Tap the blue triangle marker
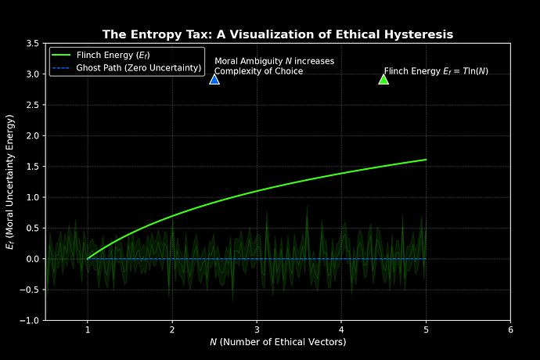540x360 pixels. click(x=214, y=79)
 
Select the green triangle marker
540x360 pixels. click(x=383, y=79)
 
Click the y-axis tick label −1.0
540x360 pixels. click(x=30, y=321)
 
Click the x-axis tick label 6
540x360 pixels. click(x=510, y=329)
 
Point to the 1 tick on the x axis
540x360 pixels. click(x=88, y=329)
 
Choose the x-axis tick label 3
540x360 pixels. click(x=257, y=329)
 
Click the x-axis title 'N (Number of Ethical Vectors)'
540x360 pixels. click(x=278, y=342)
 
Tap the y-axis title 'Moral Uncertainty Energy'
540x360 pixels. click(x=10, y=182)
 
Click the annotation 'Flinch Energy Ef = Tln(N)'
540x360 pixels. click(x=436, y=71)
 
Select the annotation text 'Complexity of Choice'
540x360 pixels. click(x=258, y=71)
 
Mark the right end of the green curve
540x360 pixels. click(x=426, y=160)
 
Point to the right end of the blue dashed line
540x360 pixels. click(x=426, y=259)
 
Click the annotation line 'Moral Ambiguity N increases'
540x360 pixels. click(x=274, y=61)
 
